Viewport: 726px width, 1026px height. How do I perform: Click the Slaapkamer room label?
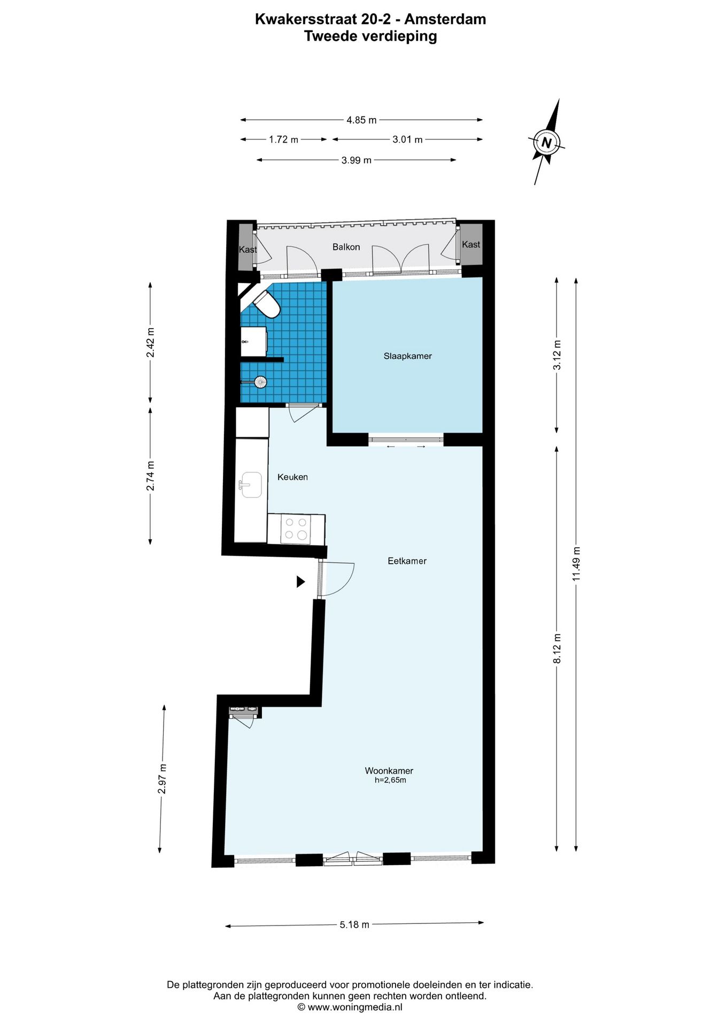pyautogui.click(x=407, y=356)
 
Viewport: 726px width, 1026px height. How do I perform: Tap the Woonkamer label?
pyautogui.click(x=389, y=771)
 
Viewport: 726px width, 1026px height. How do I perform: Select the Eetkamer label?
pyautogui.click(x=407, y=561)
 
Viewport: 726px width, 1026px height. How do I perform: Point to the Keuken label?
pyautogui.click(x=292, y=477)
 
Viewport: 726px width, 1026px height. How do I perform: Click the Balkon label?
pyautogui.click(x=346, y=247)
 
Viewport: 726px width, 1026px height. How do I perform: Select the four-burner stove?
pyautogui.click(x=296, y=529)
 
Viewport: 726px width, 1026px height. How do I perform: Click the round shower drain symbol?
pyautogui.click(x=260, y=382)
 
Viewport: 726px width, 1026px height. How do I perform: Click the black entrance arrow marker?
pyautogui.click(x=301, y=581)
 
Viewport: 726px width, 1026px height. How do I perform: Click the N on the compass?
pyautogui.click(x=546, y=143)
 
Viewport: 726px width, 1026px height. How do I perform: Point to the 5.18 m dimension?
pyautogui.click(x=354, y=924)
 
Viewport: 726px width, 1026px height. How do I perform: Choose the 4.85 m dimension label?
pyautogui.click(x=361, y=120)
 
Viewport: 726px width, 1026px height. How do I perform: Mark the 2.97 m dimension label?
pyautogui.click(x=163, y=779)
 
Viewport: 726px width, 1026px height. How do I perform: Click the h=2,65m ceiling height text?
pyautogui.click(x=390, y=780)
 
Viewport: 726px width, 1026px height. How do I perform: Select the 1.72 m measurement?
pyautogui.click(x=283, y=139)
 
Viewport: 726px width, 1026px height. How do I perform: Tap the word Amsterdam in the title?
pyautogui.click(x=445, y=19)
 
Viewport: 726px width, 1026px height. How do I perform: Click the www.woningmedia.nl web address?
pyautogui.click(x=353, y=1007)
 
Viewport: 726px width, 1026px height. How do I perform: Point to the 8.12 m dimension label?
pyautogui.click(x=557, y=649)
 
